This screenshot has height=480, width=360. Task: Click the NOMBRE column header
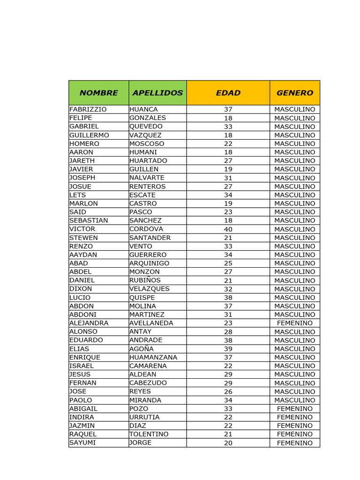tap(98, 93)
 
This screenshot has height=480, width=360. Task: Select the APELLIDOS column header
tap(157, 93)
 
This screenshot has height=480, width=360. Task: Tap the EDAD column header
tap(228, 93)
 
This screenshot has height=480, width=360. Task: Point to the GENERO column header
tap(294, 93)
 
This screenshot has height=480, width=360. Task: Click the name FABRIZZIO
tap(88, 109)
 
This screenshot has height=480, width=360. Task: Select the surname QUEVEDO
tap(146, 127)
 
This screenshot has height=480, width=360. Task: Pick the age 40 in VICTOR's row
tap(228, 229)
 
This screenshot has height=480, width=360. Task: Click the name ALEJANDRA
tap(89, 323)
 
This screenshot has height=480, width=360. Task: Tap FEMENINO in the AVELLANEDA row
tap(294, 323)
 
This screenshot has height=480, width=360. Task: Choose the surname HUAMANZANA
tap(153, 357)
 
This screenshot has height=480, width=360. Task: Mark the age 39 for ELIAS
tap(228, 349)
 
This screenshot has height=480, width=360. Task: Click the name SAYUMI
tap(82, 442)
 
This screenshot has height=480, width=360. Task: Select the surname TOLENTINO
tap(149, 434)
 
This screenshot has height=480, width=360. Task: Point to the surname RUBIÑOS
tap(145, 280)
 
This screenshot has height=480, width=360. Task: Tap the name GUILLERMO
tap(89, 135)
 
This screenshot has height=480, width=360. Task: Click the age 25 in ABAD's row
tap(228, 263)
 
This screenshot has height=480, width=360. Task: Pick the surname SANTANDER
tap(150, 238)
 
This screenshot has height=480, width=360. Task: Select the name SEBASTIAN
tap(89, 220)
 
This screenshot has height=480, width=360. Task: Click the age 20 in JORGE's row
tap(228, 443)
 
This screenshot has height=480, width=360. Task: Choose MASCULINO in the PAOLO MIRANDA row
tap(294, 400)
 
